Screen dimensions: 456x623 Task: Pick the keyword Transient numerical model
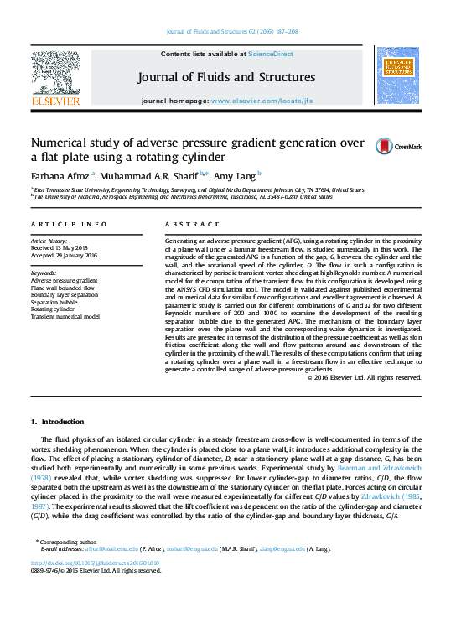coord(65,317)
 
